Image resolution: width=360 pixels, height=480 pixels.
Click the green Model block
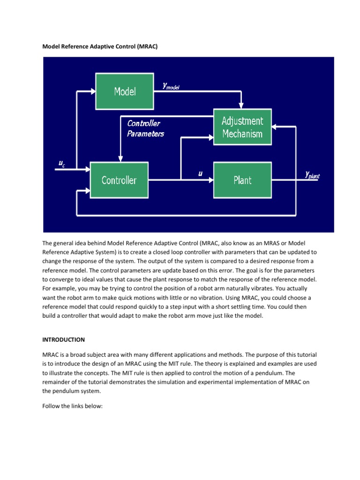pyautogui.click(x=125, y=91)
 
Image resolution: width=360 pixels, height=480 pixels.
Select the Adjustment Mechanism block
pyautogui.click(x=242, y=127)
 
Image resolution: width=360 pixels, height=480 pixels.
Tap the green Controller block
pyautogui.click(x=119, y=180)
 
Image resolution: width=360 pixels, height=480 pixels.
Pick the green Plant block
pyautogui.click(x=242, y=180)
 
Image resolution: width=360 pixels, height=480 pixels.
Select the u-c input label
pyautogui.click(x=61, y=163)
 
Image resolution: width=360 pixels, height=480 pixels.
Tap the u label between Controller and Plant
pyautogui.click(x=200, y=173)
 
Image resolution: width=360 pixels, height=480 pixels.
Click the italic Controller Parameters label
pyautogui.click(x=145, y=128)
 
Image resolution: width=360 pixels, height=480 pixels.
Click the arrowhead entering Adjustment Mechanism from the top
pyautogui.click(x=241, y=105)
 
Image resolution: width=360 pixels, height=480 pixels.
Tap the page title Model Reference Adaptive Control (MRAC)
pyautogui.click(x=104, y=46)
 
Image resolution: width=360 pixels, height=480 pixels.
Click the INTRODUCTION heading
pyautogui.click(x=64, y=339)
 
